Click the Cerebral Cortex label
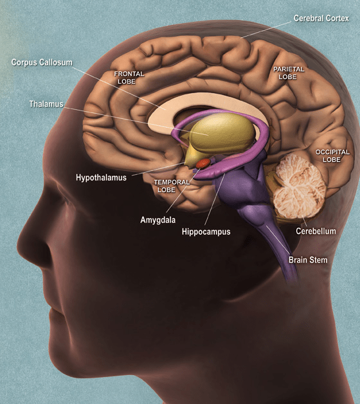[x=321, y=18]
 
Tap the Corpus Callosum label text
[x=42, y=62]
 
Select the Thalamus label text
[x=46, y=104]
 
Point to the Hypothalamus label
[x=101, y=177]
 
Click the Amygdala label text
[x=158, y=220]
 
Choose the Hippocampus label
[x=206, y=231]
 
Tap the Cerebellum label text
[x=316, y=231]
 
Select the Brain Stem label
[x=308, y=259]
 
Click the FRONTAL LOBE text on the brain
[x=129, y=78]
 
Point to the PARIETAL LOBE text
[x=289, y=73]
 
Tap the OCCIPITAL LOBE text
[x=332, y=155]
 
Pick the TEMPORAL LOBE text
[x=172, y=186]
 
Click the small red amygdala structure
[x=204, y=163]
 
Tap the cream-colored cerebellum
[x=299, y=186]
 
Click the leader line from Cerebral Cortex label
[x=266, y=30]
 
